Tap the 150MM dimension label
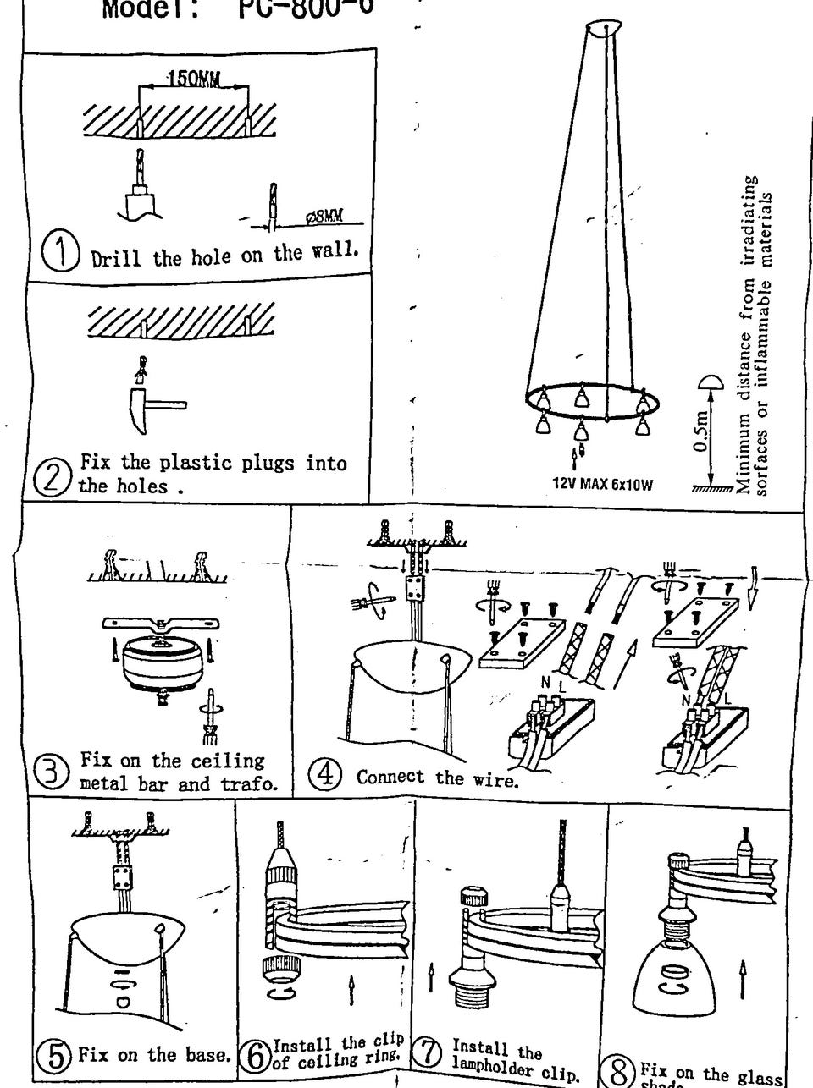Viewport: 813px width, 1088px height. coord(193,80)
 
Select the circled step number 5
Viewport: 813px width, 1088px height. coord(56,1057)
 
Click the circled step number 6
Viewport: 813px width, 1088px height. coord(253,1055)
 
